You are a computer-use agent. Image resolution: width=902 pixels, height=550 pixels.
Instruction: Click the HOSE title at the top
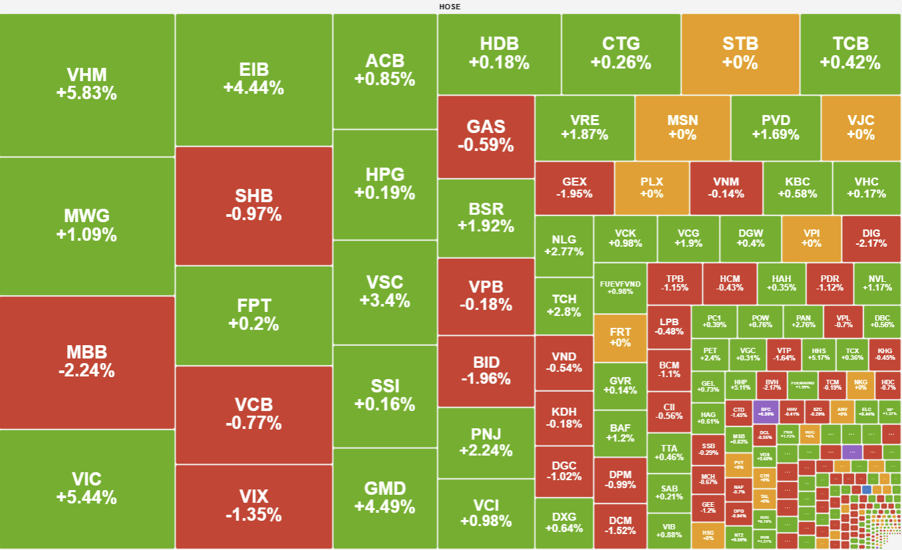450,7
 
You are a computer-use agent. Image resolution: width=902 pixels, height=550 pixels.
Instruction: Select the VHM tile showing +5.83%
86,84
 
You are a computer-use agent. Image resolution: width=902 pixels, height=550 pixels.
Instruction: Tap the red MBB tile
86,362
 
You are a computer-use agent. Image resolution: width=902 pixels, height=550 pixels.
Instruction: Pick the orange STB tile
740,53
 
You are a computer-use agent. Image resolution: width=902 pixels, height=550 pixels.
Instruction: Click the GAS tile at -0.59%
486,136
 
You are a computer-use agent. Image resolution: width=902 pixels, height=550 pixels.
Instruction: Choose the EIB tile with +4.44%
253,79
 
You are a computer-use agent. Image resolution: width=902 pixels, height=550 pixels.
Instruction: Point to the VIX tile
253,505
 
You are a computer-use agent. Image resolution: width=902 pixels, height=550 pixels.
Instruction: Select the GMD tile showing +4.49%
384,497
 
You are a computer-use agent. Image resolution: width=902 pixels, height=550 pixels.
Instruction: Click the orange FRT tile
620,337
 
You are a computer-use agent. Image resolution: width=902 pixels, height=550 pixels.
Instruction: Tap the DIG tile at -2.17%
871,238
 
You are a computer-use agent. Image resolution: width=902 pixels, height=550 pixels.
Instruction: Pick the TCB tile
850,53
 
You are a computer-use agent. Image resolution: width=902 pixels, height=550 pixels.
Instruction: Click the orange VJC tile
861,127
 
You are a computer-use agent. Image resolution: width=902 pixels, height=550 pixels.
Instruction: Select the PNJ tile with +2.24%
486,442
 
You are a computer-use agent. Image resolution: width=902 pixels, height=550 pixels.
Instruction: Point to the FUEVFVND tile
620,287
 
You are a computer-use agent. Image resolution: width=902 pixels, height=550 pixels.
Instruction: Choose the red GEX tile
574,188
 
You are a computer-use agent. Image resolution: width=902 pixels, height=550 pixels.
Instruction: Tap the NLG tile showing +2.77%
563,245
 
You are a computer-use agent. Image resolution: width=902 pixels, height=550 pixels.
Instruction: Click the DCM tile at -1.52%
620,525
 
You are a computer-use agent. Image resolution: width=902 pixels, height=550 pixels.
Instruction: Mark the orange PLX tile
651,188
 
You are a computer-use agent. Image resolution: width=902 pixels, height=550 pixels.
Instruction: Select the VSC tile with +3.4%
384,291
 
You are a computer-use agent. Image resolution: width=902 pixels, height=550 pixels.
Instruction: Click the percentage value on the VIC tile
86,497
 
